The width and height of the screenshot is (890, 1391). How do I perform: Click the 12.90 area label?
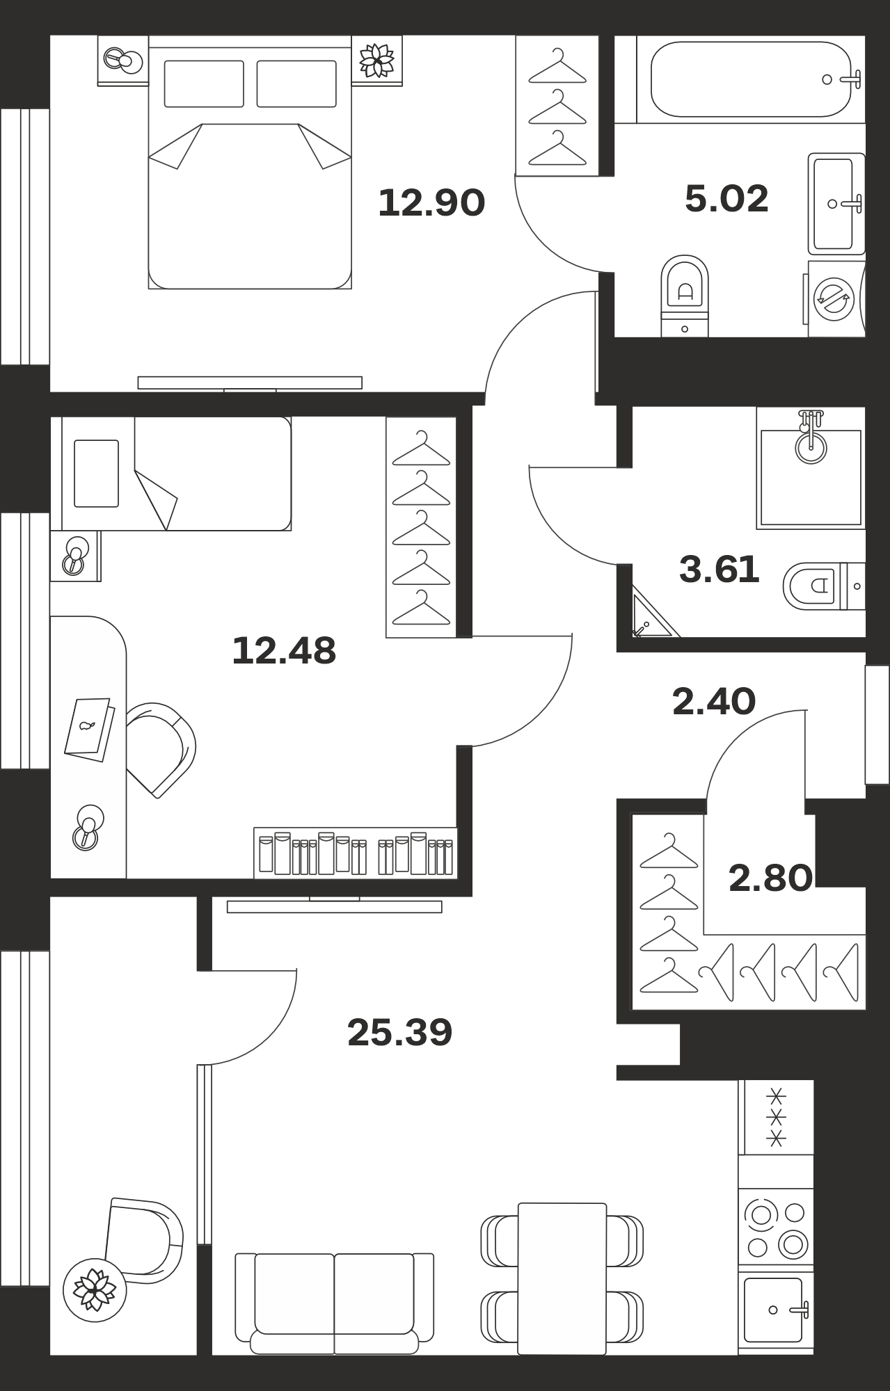pos(431,202)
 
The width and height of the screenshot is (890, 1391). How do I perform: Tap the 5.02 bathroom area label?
pos(726,198)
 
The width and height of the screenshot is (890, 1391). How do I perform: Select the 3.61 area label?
pos(719,570)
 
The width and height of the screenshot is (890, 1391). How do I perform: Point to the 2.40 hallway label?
pos(714,701)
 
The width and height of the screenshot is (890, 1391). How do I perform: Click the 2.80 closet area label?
pos(770,878)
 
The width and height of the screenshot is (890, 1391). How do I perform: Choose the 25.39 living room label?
pos(399,1032)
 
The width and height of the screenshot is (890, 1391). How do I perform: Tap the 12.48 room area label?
pos(284,651)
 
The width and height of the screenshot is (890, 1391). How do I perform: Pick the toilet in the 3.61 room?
pos(824,586)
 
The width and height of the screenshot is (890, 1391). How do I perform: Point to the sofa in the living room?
pos(334,1303)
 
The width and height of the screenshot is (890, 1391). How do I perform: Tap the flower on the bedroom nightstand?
pos(376,60)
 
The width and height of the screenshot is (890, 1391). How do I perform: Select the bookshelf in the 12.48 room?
pos(356,853)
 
